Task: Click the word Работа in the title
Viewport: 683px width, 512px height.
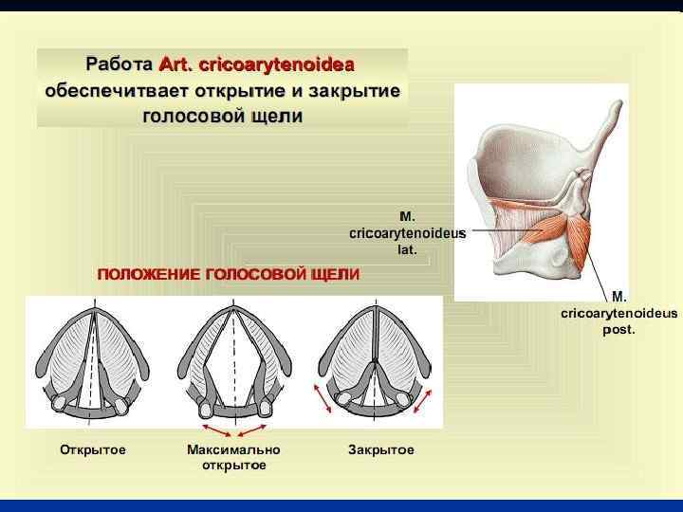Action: tap(119, 65)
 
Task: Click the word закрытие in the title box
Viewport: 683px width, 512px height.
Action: tap(354, 92)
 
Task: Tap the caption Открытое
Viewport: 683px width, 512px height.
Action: tap(93, 449)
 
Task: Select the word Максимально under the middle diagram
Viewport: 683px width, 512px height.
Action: tap(233, 449)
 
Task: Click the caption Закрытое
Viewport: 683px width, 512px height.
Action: tap(381, 449)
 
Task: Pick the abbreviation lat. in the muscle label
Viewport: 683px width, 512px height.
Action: tap(407, 251)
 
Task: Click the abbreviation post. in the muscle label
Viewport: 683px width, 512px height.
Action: tap(618, 330)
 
